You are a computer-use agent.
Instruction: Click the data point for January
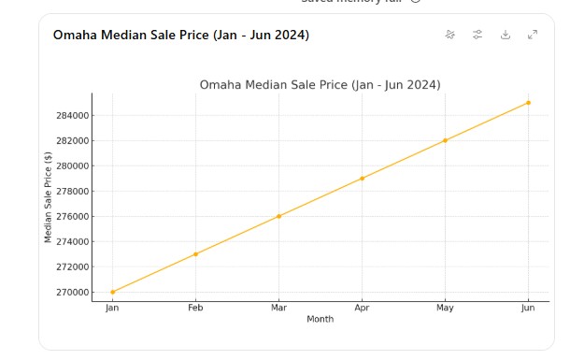click(x=112, y=292)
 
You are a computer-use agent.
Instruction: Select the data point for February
click(x=195, y=253)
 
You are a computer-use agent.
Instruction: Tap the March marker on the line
click(x=278, y=216)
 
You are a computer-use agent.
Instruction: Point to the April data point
click(x=362, y=178)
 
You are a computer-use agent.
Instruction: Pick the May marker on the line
click(x=445, y=140)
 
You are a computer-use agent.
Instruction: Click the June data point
click(x=528, y=103)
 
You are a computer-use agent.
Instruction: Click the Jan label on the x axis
click(x=112, y=308)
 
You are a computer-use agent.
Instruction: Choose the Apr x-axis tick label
click(x=362, y=308)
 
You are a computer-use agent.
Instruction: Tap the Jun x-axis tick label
click(x=528, y=308)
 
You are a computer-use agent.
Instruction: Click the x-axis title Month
click(x=320, y=319)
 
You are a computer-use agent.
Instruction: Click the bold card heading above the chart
click(x=180, y=36)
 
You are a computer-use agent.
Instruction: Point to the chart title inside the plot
click(x=320, y=85)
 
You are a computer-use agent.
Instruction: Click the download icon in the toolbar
click(x=506, y=35)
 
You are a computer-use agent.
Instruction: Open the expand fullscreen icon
click(x=533, y=35)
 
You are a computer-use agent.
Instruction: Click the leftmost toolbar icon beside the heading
click(x=450, y=35)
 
